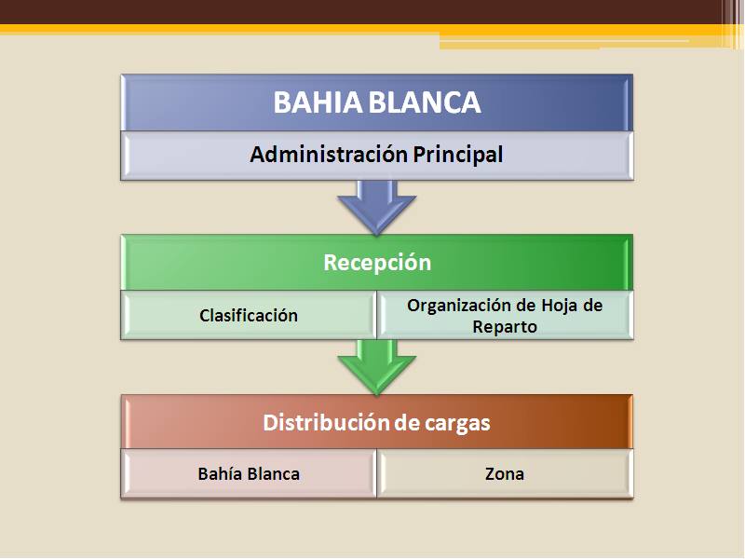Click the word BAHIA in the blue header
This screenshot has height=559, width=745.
(x=318, y=102)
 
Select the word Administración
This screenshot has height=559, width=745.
(x=329, y=155)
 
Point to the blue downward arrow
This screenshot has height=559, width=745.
(x=377, y=207)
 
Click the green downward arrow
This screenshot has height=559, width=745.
(x=377, y=367)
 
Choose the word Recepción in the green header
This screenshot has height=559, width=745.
(x=377, y=263)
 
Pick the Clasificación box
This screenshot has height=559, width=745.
(x=249, y=315)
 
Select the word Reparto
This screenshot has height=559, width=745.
(x=505, y=327)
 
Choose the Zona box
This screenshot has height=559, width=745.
(x=505, y=473)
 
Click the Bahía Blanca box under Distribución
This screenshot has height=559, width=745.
(x=249, y=473)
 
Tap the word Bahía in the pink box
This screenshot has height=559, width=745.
(x=220, y=474)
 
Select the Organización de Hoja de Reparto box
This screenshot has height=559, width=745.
(x=505, y=315)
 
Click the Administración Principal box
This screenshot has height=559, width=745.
(x=377, y=156)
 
